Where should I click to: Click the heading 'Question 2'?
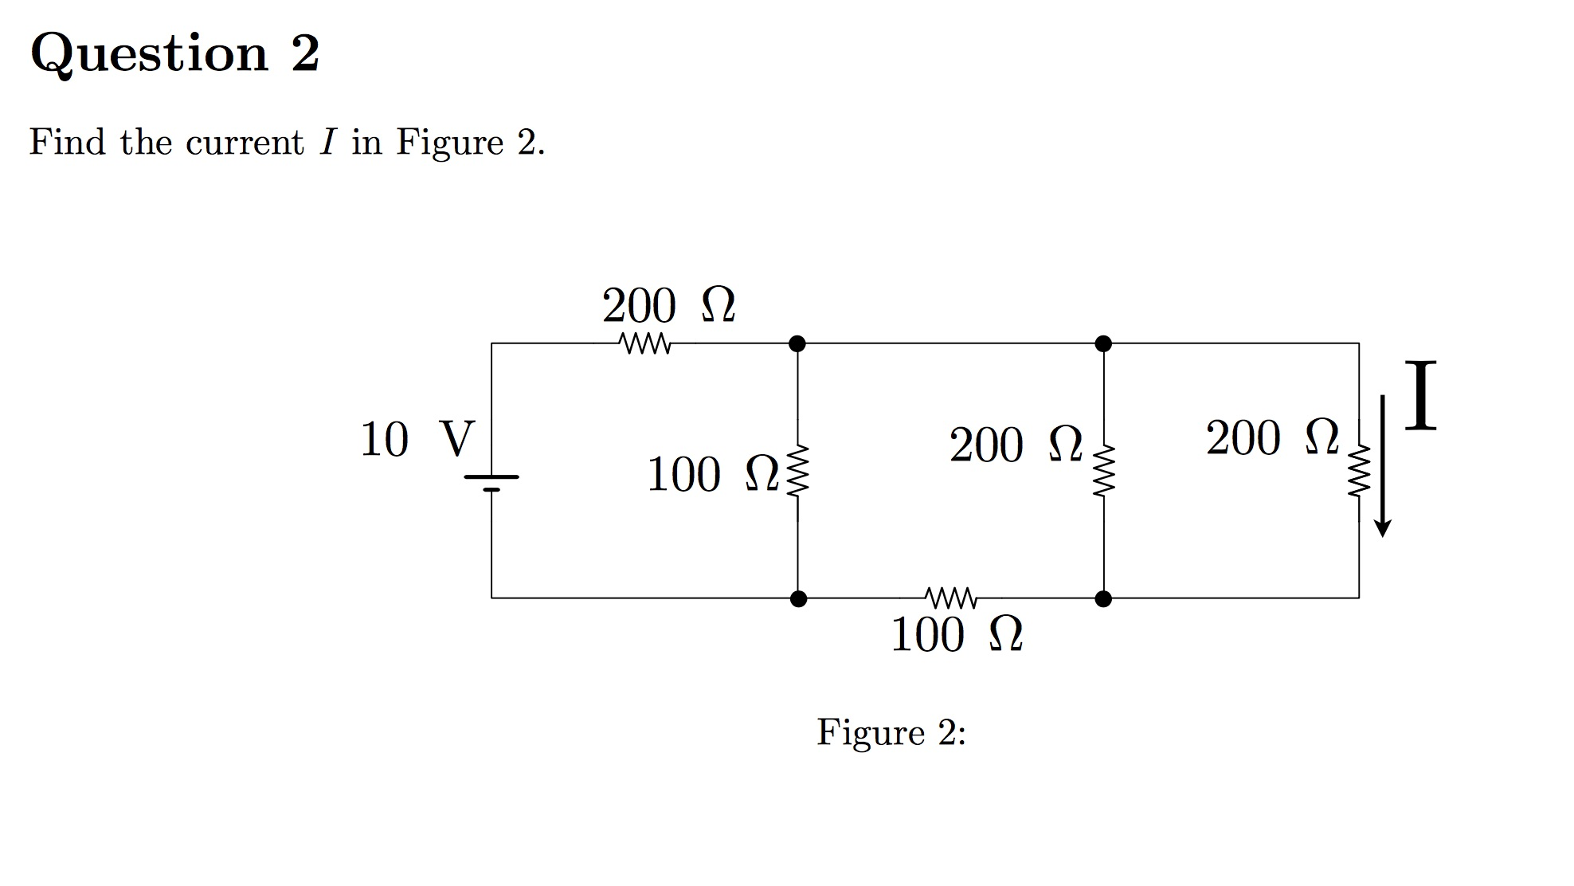pyautogui.click(x=174, y=54)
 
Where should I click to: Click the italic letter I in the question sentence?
pyautogui.click(x=327, y=143)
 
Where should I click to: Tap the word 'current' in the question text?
pyautogui.click(x=245, y=143)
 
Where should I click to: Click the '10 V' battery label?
pyautogui.click(x=417, y=439)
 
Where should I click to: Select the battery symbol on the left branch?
pyautogui.click(x=491, y=483)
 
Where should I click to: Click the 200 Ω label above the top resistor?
pyautogui.click(x=668, y=306)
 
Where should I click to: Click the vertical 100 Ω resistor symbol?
pyautogui.click(x=797, y=471)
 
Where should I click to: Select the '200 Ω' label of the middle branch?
pyautogui.click(x=1016, y=445)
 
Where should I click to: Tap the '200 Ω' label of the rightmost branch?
pyautogui.click(x=1272, y=438)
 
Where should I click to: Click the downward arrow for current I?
pyautogui.click(x=1383, y=466)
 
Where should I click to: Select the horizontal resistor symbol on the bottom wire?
pyautogui.click(x=951, y=598)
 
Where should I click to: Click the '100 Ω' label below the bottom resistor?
pyautogui.click(x=956, y=636)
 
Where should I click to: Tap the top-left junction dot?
pyautogui.click(x=797, y=343)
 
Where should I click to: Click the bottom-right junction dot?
pyautogui.click(x=1103, y=598)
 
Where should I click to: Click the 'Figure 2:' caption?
pyautogui.click(x=891, y=732)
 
